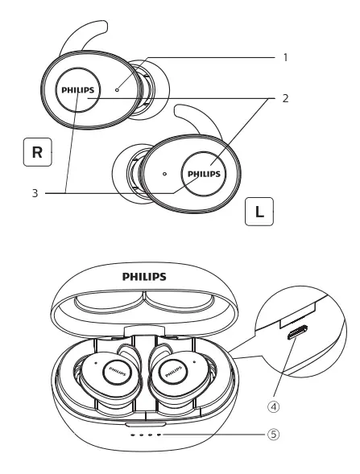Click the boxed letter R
pos(38,152)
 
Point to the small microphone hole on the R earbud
pos(118,90)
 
